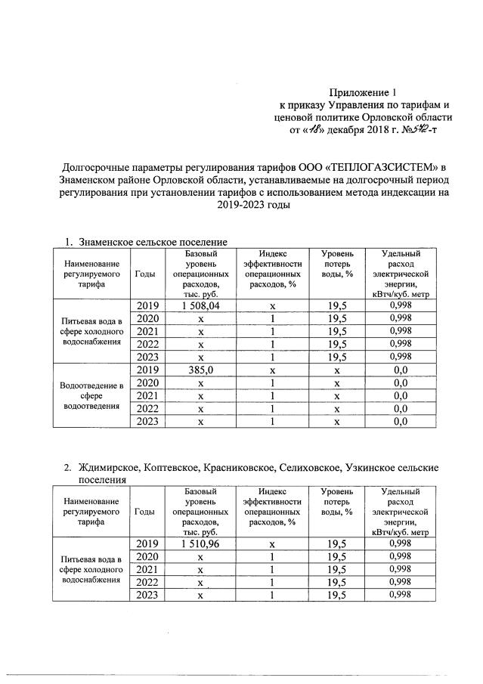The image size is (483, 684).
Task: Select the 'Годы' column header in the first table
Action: (145, 274)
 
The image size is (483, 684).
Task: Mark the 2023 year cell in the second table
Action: (149, 595)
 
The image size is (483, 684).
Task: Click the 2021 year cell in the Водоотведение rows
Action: (149, 395)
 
